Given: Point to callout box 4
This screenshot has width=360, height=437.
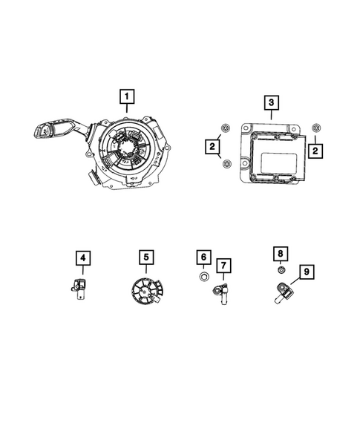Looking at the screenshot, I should point(84,258).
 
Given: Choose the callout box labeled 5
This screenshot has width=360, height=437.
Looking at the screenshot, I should point(147,257).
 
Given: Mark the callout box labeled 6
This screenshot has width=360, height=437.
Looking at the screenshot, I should point(203,257).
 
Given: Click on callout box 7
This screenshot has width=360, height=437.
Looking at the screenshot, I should point(223,265).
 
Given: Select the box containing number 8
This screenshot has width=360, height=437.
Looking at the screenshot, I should point(280,254).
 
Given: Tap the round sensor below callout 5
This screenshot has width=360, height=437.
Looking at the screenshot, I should point(146,290).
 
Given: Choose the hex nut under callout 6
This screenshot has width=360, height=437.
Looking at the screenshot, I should point(203,278).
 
